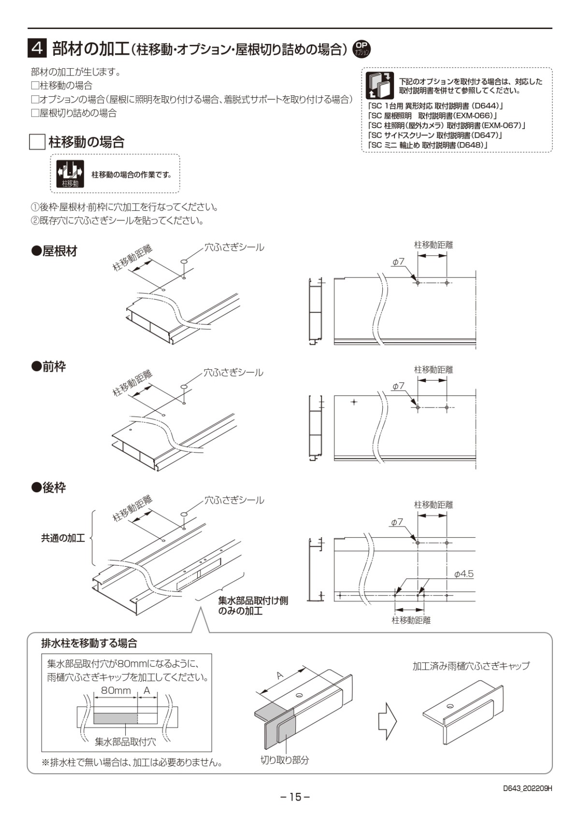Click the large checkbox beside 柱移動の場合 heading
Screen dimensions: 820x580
tap(37, 142)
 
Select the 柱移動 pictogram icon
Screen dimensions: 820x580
tap(70, 174)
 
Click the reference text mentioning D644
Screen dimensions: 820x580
tap(435, 105)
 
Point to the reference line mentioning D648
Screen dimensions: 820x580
tap(427, 145)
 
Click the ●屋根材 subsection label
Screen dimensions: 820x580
tap(54, 251)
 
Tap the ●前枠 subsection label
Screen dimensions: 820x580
tap(48, 367)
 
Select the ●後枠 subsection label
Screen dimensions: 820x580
tap(48, 488)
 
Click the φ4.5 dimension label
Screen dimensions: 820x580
tap(464, 574)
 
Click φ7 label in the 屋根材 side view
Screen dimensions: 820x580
tap(398, 262)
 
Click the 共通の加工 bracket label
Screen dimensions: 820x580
tap(63, 538)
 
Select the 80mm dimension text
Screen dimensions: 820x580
tap(116, 690)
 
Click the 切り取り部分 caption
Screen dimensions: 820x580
tap(285, 760)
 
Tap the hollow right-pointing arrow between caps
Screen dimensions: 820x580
tap(387, 721)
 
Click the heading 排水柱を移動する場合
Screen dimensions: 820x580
tap(89, 643)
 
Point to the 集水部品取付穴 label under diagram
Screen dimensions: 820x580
tap(125, 741)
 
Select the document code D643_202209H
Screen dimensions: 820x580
tap(527, 788)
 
